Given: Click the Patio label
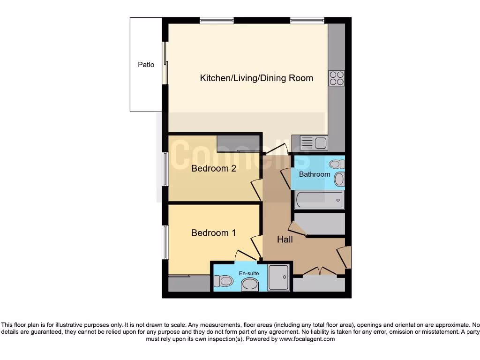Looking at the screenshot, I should tap(146, 65).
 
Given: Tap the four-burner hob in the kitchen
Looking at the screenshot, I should tap(337, 78).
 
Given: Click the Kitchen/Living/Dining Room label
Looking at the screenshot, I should tap(256, 78).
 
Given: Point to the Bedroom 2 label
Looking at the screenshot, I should tap(213, 168).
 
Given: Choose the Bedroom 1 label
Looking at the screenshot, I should tap(213, 232).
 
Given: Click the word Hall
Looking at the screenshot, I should tap(285, 240).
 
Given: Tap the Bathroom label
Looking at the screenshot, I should tap(315, 174).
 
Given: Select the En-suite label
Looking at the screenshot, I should tap(249, 273).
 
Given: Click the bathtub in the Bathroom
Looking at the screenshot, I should tap(319, 200).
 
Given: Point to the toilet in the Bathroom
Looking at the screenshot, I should tap(336, 164).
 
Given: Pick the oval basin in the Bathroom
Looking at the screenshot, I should tap(339, 179).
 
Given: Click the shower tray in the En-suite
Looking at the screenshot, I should tap(278, 277).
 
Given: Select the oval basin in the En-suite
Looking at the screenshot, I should tap(249, 285).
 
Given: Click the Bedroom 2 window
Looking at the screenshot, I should tap(165, 169).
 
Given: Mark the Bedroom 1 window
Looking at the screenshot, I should tap(165, 242).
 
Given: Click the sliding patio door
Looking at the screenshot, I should tap(165, 64).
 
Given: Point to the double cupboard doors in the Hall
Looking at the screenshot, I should tap(319, 271).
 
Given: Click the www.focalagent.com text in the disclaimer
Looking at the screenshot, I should tap(307, 339).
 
